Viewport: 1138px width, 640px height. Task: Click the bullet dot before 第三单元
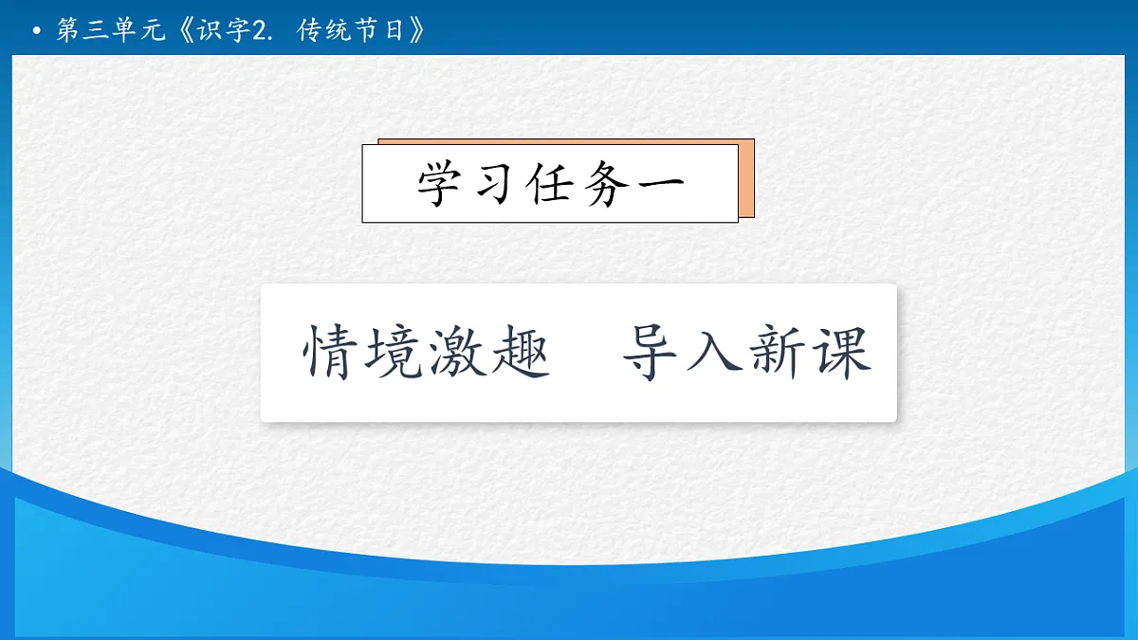pos(36,31)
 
